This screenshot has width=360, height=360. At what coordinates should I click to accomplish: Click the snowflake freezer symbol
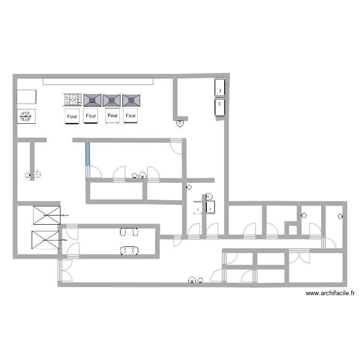25,116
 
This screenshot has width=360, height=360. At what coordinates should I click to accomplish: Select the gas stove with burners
72,100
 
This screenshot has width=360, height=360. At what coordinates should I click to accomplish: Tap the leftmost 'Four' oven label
72,116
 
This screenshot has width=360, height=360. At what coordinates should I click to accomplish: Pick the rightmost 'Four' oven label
131,116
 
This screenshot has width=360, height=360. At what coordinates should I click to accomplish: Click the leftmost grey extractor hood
92,100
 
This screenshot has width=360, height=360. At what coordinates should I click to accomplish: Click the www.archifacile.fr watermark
329,293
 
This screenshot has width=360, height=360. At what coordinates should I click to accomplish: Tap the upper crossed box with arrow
47,215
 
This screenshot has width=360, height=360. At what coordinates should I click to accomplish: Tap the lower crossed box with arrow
45,240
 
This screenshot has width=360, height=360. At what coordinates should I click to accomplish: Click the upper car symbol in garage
129,232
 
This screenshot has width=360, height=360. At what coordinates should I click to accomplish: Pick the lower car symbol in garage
129,250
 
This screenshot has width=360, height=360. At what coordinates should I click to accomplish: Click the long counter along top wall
98,81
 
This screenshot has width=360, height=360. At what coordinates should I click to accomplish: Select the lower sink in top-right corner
219,107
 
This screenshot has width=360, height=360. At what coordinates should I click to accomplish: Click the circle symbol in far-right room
340,216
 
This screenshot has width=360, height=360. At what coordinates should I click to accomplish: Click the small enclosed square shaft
291,229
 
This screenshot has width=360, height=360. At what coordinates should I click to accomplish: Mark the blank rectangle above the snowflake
27,96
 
